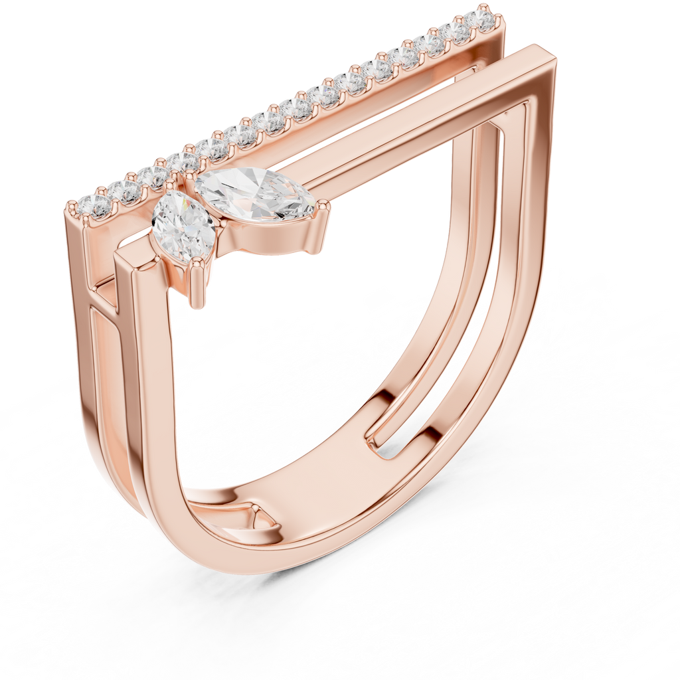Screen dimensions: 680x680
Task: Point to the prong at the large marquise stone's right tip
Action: tap(324, 208)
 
